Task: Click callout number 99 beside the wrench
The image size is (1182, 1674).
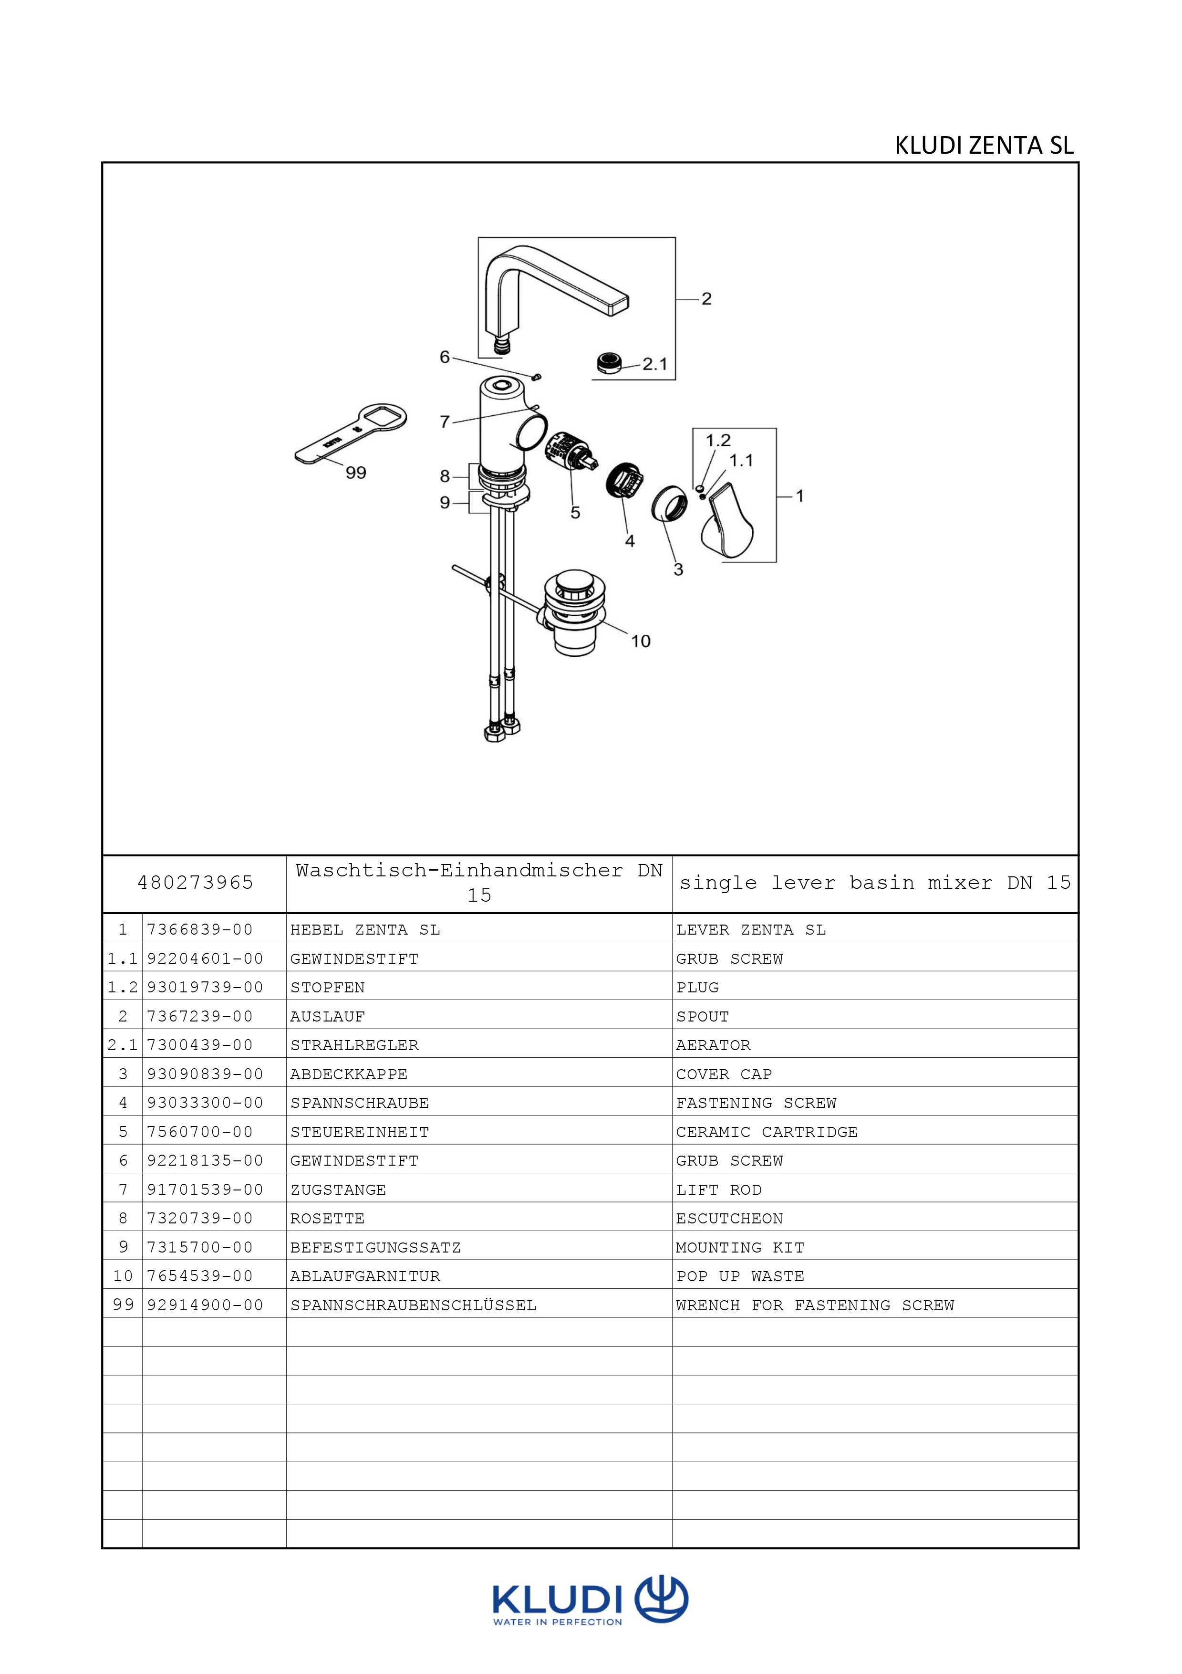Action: (x=356, y=473)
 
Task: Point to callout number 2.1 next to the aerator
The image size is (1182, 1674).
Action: (x=654, y=364)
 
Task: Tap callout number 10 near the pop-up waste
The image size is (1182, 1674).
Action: (x=641, y=641)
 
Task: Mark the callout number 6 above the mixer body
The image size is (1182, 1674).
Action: (x=445, y=357)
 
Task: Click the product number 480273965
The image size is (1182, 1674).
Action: (x=195, y=883)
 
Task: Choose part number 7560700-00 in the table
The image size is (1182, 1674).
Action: (x=200, y=1132)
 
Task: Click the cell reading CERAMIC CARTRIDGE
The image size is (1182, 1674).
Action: (x=767, y=1132)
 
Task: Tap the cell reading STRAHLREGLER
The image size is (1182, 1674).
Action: (x=354, y=1045)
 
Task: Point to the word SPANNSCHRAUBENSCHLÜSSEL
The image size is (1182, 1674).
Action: (x=413, y=1305)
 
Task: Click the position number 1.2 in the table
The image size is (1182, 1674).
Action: (x=123, y=988)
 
